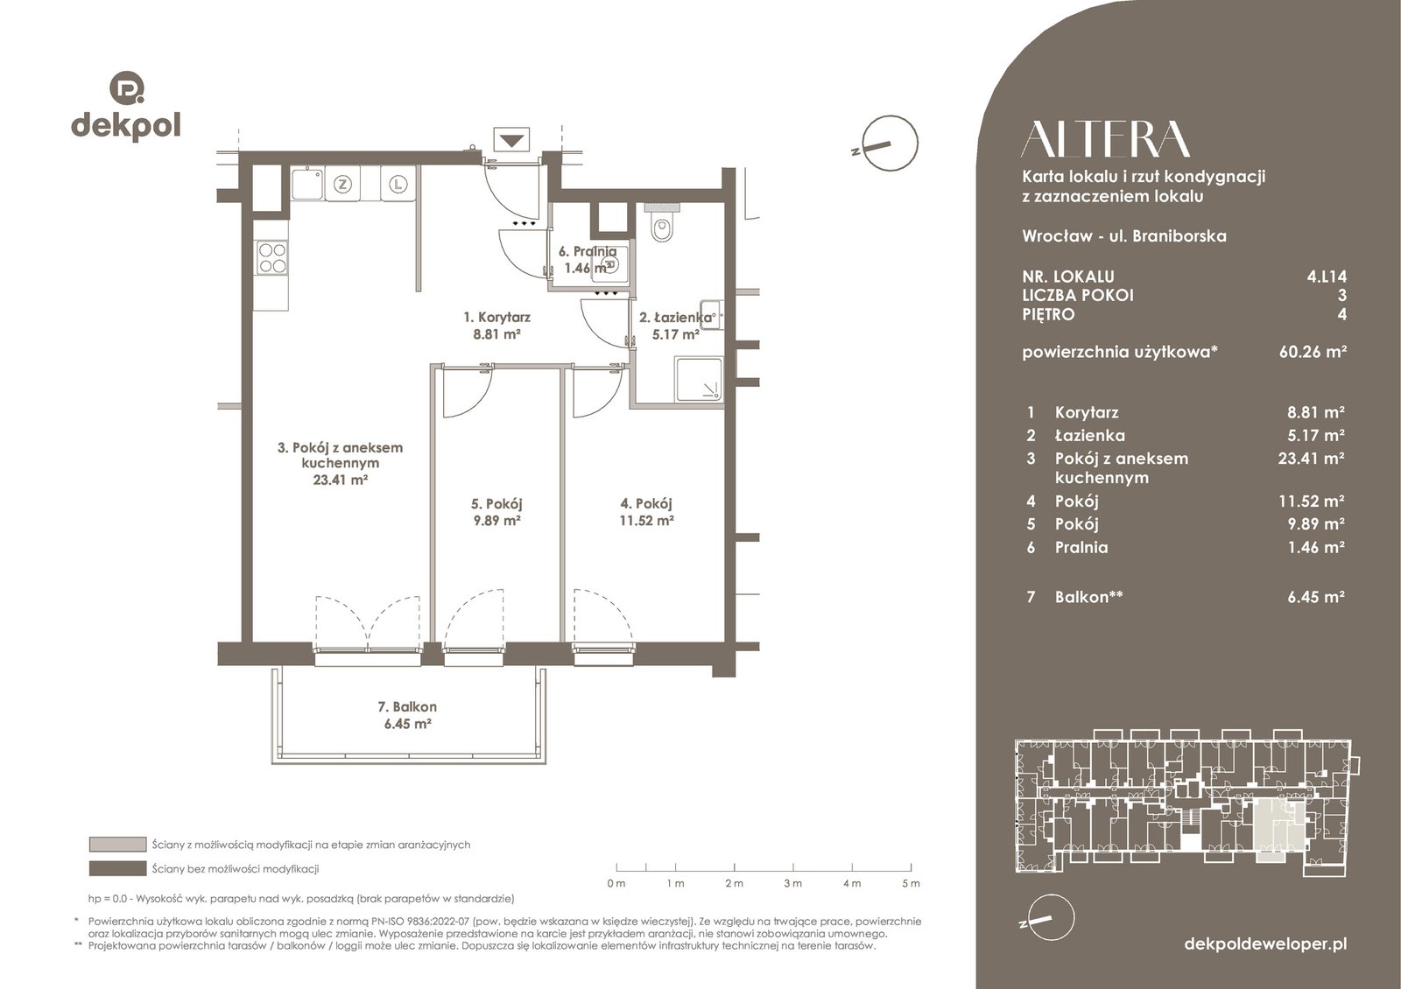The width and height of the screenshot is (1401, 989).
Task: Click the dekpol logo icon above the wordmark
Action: [127, 88]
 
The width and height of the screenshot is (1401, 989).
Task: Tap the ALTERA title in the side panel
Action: [1105, 139]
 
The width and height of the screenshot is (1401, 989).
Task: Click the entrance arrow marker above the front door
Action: [511, 140]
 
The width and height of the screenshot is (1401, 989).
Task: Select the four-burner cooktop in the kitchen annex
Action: [272, 258]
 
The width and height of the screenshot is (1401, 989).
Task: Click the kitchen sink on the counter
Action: [307, 184]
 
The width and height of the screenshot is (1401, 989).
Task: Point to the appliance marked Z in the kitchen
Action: [342, 185]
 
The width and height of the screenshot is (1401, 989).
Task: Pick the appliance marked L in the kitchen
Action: [398, 185]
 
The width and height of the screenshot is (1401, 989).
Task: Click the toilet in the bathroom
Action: [662, 224]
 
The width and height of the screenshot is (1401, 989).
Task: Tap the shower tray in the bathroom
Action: [699, 379]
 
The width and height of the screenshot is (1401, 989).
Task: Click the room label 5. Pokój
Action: [496, 504]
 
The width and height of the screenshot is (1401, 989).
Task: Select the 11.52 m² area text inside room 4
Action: [647, 520]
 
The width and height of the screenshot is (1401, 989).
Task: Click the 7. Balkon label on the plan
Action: [407, 706]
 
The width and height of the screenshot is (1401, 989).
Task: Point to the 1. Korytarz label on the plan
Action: [496, 317]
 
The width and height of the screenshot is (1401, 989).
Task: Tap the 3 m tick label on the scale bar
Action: [793, 883]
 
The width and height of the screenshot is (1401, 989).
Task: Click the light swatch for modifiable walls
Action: [117, 845]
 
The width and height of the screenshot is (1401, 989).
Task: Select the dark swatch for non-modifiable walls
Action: [117, 868]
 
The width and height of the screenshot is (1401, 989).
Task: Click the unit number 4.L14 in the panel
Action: [1327, 277]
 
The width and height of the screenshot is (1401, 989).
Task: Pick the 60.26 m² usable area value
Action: [1313, 351]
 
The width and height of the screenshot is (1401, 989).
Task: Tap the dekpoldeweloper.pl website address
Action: [1266, 944]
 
